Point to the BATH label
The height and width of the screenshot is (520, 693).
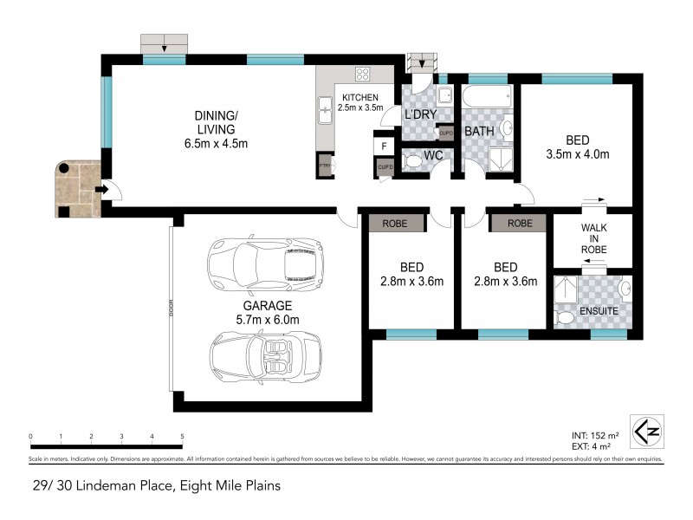[479, 132]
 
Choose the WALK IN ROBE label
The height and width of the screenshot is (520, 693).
[593, 238]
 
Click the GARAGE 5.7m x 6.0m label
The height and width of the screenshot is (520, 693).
[267, 313]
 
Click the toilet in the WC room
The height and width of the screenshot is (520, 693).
[412, 162]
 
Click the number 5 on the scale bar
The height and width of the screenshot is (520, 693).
[182, 436]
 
